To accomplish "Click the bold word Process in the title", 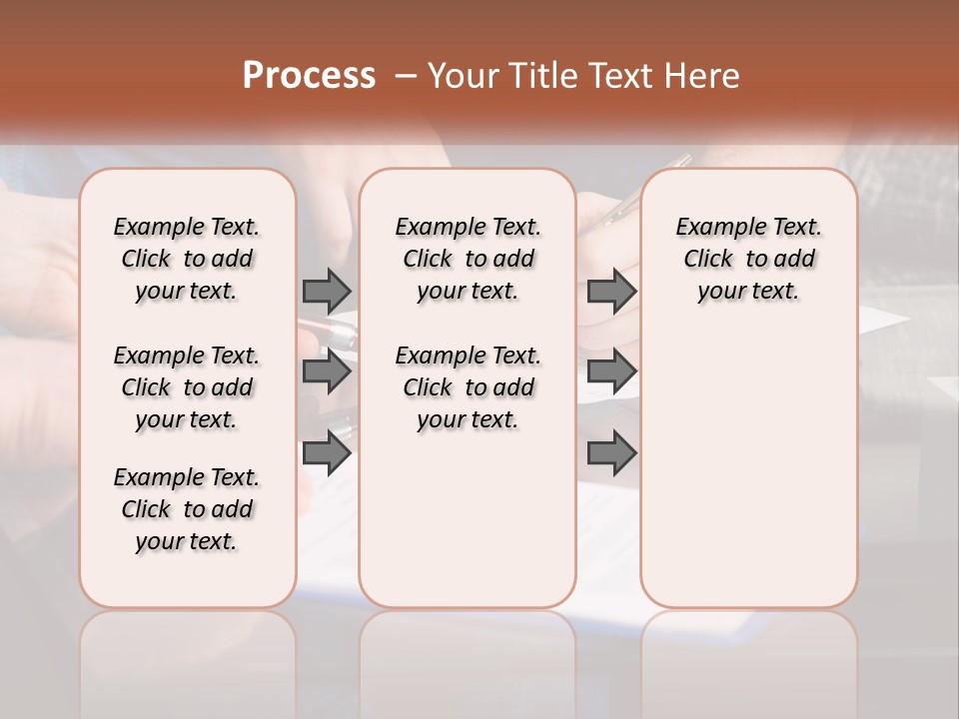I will [x=309, y=76].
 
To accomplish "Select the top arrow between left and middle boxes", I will [x=327, y=291].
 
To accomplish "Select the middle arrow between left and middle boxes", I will [x=327, y=371].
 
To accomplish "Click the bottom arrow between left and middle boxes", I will [x=327, y=453].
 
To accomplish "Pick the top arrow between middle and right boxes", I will [x=610, y=291].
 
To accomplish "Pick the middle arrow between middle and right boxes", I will [x=610, y=371].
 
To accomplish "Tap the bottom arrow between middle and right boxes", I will [x=610, y=453].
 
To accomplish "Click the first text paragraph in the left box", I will [x=187, y=259].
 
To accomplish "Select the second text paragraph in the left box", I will [x=187, y=387].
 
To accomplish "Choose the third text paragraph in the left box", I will [x=187, y=509].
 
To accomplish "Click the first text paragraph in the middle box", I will [x=468, y=259].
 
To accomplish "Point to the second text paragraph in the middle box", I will [x=468, y=387].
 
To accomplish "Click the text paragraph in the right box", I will [x=748, y=259].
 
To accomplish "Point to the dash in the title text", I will [x=406, y=76].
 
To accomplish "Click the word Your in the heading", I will [x=462, y=76].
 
